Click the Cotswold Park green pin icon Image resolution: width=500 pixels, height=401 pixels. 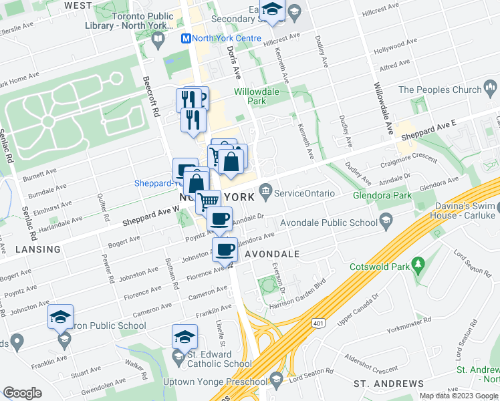418,264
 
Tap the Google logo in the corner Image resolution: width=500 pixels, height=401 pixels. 22,392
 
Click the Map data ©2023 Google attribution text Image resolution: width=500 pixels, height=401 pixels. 459,396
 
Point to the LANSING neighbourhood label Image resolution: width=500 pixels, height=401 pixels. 31,249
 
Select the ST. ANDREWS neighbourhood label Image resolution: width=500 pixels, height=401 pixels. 388,384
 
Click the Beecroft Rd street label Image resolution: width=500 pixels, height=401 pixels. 150,98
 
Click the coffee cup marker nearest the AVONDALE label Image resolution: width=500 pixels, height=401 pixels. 225,250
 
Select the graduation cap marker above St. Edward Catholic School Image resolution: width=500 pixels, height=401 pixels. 184,336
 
